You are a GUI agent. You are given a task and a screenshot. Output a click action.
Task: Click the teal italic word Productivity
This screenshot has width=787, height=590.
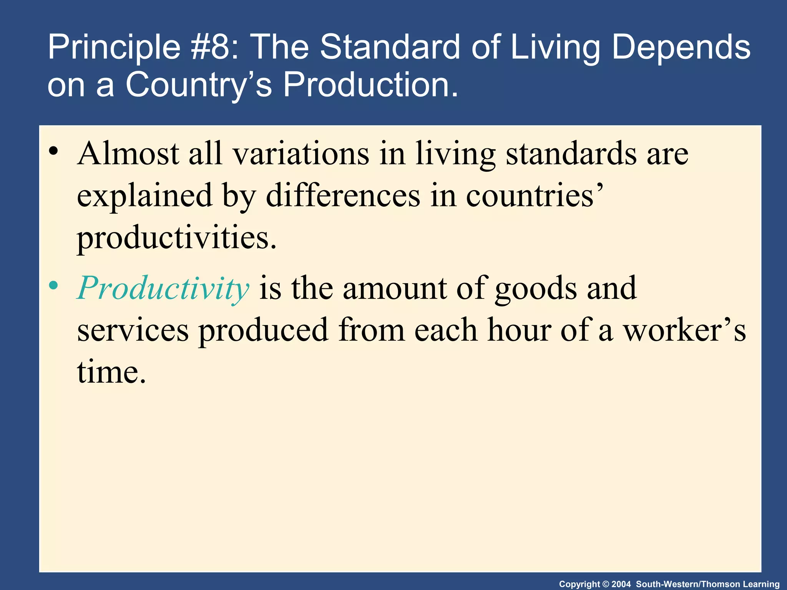point(163,289)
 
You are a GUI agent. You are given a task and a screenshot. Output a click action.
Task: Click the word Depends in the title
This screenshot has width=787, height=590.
point(681,47)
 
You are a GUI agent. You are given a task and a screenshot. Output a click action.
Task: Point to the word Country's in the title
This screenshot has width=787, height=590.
point(199,85)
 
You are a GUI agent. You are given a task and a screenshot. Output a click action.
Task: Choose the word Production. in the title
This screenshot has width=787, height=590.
point(371,85)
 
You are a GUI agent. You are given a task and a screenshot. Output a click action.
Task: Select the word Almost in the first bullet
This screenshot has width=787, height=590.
point(128,154)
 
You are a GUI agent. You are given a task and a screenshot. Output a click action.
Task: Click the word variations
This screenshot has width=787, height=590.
point(301,154)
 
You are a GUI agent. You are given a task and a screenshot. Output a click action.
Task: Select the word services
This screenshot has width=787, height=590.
point(133,330)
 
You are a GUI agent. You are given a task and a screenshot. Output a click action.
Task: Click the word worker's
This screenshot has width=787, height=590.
point(684,330)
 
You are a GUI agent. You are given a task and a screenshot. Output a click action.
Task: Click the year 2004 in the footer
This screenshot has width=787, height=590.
point(621,584)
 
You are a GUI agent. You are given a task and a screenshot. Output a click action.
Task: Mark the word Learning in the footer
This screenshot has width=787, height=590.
point(762,584)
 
